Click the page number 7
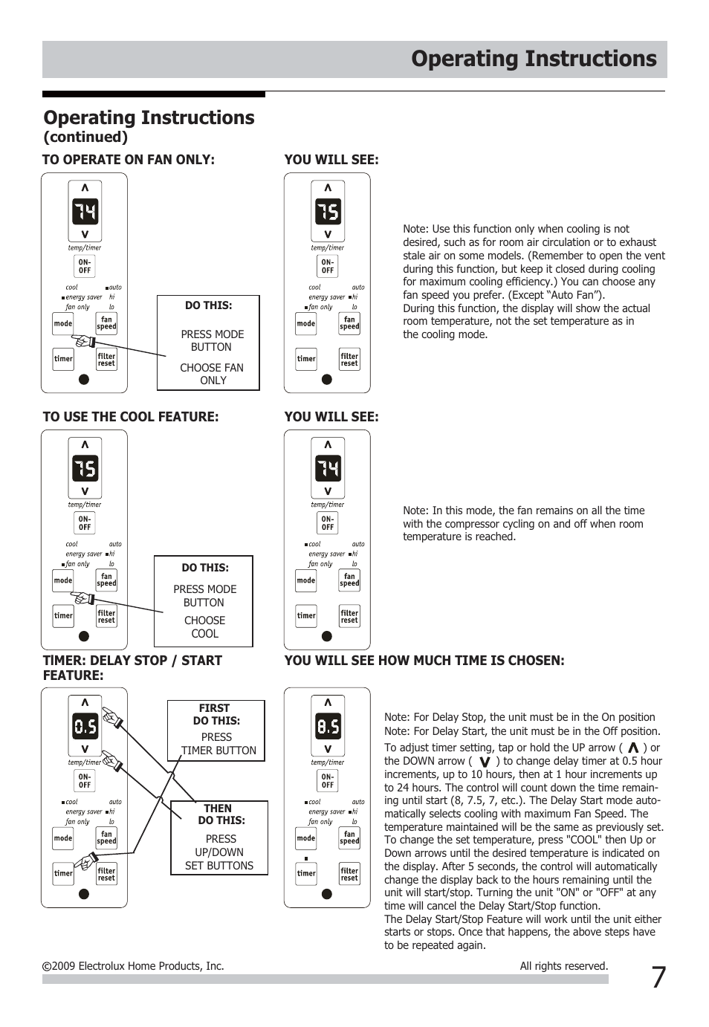[x=658, y=978]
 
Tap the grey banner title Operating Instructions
[x=534, y=59]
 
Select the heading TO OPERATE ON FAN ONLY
[x=129, y=160]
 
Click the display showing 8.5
[x=328, y=726]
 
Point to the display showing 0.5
[x=85, y=726]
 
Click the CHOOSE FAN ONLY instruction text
[x=212, y=374]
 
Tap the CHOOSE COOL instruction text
[x=204, y=627]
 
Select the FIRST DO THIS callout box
[x=216, y=730]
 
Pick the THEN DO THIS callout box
[x=219, y=838]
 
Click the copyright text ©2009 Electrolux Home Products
[x=133, y=966]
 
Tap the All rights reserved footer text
[x=563, y=966]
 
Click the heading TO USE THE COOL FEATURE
[x=131, y=417]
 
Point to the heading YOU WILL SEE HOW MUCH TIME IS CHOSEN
[x=424, y=661]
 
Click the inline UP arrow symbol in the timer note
[x=633, y=748]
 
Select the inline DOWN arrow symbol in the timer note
[x=485, y=762]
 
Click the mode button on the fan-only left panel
[x=63, y=324]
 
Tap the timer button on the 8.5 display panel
[x=306, y=874]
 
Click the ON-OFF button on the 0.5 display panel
[x=85, y=781]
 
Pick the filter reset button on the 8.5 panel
[x=349, y=874]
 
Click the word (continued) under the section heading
[x=85, y=137]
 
